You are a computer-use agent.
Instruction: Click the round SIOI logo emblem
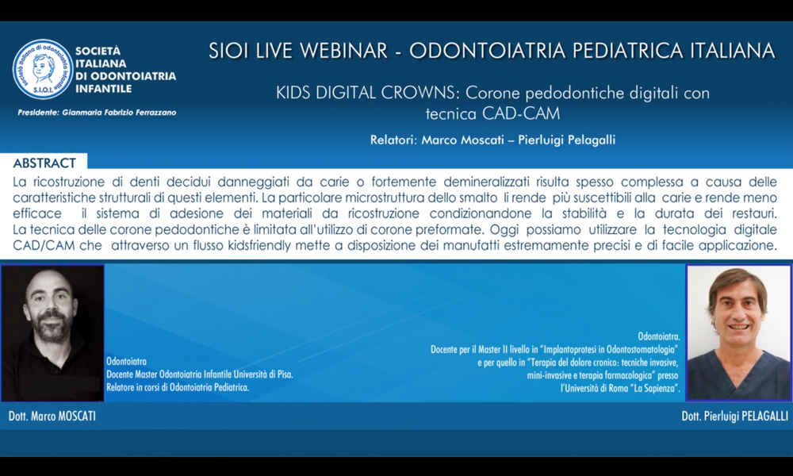click(43, 69)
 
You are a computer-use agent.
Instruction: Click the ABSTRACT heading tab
click(44, 163)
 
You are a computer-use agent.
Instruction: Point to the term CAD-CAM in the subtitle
click(521, 113)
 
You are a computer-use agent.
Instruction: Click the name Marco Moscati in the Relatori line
click(463, 140)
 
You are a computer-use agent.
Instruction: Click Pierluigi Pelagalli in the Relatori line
click(566, 140)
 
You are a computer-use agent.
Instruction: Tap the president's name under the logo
click(120, 113)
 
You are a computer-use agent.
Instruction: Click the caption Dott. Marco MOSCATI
click(52, 416)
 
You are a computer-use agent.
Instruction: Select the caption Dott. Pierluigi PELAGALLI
click(734, 416)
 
